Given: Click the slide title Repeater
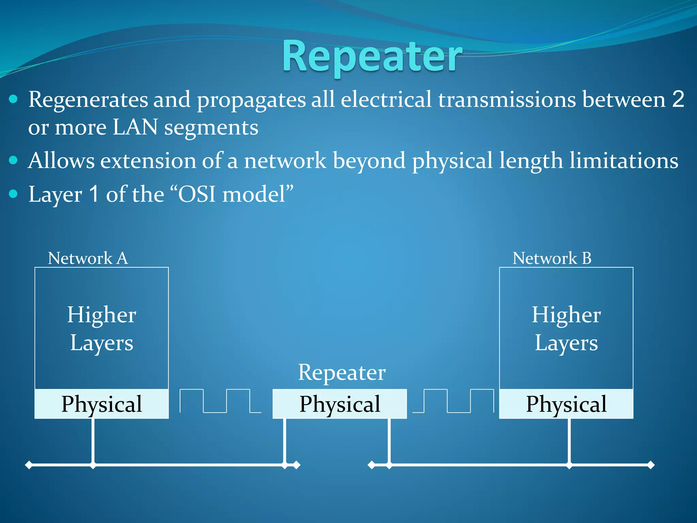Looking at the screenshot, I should (x=372, y=56).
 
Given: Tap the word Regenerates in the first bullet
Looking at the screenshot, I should (x=88, y=100).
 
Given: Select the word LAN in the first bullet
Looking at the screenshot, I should (x=135, y=127).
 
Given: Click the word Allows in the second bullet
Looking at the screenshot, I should (x=61, y=160).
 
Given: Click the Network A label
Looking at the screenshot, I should (x=88, y=258).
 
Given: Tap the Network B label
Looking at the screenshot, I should (x=552, y=258).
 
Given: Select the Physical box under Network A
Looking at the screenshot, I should (x=101, y=404).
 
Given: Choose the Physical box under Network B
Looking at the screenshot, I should (x=566, y=404).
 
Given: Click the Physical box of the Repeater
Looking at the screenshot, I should (x=340, y=404).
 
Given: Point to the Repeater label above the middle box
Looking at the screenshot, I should (x=342, y=372).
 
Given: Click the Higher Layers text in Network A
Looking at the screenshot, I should (x=101, y=329).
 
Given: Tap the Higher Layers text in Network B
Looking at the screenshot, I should (x=566, y=329).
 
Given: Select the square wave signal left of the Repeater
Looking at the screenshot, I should (x=220, y=401).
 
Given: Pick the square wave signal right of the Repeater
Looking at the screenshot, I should (x=453, y=401).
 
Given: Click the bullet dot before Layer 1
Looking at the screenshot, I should (x=13, y=194).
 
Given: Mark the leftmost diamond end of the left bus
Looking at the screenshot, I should (x=29, y=465).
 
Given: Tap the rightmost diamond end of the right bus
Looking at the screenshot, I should (x=651, y=465).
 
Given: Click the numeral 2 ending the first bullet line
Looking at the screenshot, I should (x=678, y=99).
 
